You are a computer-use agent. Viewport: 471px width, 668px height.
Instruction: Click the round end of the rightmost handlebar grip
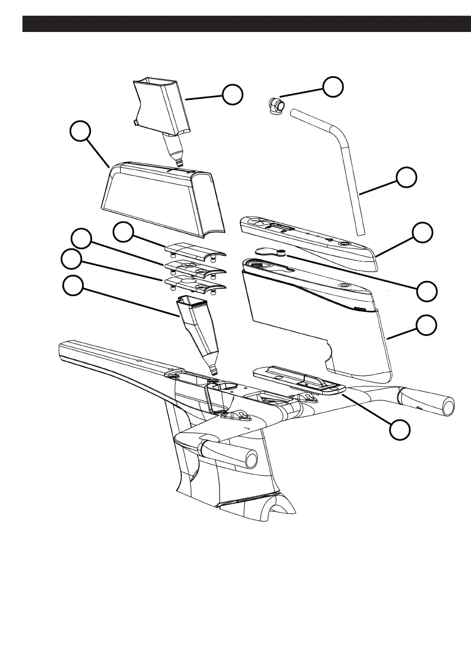(448, 408)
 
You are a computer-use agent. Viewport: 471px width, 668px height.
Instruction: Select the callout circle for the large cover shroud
(81, 134)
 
